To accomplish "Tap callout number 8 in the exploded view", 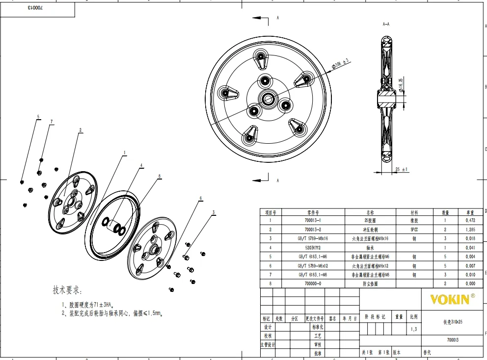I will [160, 176].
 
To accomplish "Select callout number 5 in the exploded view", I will [38, 117].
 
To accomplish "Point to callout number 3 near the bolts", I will [214, 212].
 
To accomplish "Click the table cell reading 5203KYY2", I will [313, 248].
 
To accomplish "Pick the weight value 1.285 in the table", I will [470, 230].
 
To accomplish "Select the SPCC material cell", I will [414, 230].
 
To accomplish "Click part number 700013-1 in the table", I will [313, 220].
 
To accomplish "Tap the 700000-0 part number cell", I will [313, 283].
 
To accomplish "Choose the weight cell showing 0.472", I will [470, 220].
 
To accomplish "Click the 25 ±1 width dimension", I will [402, 170].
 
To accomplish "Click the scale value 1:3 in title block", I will [414, 329].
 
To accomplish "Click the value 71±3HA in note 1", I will [102, 304].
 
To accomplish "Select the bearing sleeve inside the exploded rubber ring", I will [116, 227].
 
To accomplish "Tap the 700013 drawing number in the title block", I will [453, 339].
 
